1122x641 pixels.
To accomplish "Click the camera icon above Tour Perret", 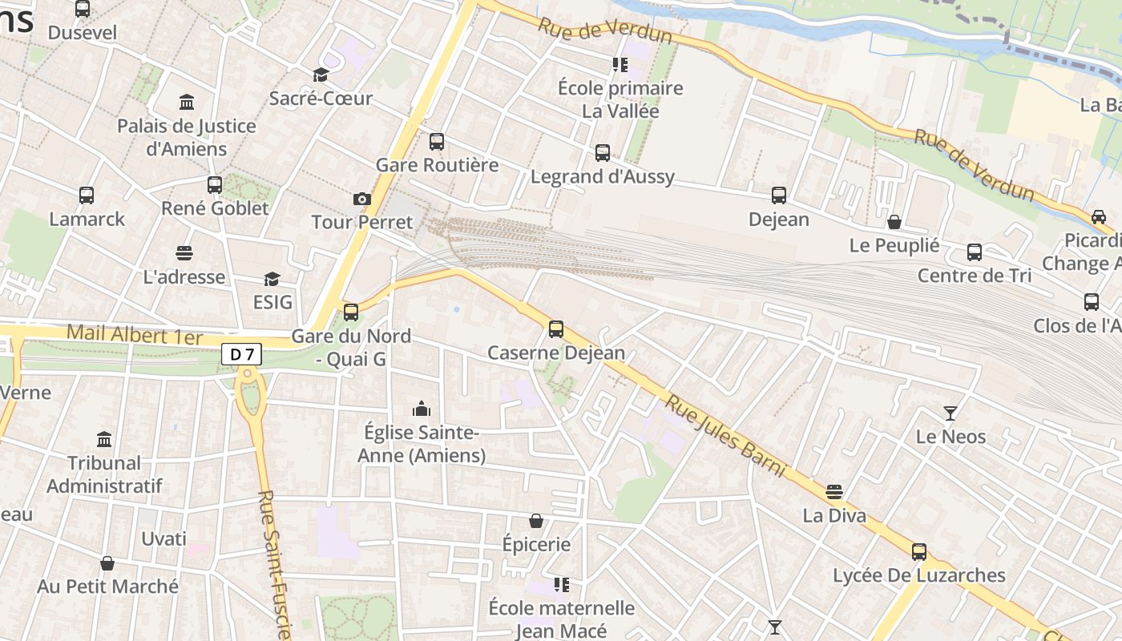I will point(361,199).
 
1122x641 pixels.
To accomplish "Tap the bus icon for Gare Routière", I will point(437,142).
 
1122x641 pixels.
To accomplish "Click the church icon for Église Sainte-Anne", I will point(422,409).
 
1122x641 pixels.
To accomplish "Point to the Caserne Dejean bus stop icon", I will point(555,329).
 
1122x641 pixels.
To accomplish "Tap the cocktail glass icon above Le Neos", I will point(950,413).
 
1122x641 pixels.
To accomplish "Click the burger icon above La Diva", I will point(834,491).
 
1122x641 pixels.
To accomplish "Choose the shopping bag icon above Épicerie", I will point(536,522).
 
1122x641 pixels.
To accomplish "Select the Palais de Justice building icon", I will point(187,103).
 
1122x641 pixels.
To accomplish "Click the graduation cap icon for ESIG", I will point(272,279).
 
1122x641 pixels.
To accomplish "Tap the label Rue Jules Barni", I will point(724,436).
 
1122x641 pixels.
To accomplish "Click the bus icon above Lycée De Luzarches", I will point(919,551).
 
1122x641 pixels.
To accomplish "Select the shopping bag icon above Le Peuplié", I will point(894,222).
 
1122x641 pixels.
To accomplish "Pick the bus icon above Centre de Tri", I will point(975,252).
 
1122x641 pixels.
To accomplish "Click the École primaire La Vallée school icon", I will point(620,64).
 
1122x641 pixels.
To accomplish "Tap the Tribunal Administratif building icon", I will point(104,439).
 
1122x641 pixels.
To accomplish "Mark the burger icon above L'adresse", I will point(184,253).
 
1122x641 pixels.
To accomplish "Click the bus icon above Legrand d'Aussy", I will point(603,153).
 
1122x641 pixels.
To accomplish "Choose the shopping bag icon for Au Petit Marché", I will point(107,563).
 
